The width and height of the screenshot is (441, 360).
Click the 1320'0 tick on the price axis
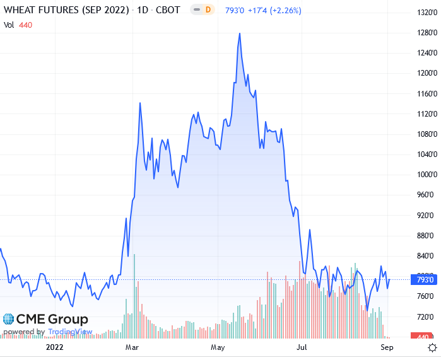click(x=424, y=13)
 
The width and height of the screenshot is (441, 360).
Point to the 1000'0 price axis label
click(x=424, y=175)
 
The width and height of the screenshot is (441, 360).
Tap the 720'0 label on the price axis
click(x=424, y=316)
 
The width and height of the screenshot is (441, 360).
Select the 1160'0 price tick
click(x=424, y=94)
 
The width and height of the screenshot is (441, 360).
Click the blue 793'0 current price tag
click(x=425, y=279)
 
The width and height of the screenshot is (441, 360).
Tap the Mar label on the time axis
click(x=132, y=347)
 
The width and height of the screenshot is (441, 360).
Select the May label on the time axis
click(x=218, y=347)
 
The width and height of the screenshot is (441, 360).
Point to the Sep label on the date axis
click(x=387, y=347)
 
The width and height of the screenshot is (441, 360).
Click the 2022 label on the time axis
click(x=55, y=347)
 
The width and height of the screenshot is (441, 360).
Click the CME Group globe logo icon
click(x=9, y=320)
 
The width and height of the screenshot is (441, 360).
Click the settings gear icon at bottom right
click(x=432, y=347)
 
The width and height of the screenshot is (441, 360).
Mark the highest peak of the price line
click(x=240, y=33)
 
